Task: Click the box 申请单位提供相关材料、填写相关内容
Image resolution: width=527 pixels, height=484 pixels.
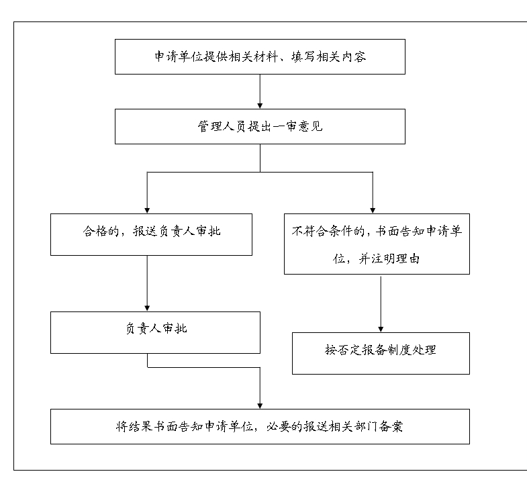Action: (x=260, y=56)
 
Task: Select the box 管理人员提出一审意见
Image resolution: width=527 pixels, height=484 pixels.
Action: (x=260, y=126)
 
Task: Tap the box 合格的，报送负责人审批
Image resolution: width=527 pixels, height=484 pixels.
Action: (x=151, y=234)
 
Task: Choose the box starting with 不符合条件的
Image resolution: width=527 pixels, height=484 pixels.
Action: (x=377, y=244)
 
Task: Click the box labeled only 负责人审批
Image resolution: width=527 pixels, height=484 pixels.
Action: (x=155, y=332)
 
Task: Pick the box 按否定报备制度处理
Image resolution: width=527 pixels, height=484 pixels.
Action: (x=381, y=353)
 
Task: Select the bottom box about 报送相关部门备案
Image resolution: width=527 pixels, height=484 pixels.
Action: (x=260, y=426)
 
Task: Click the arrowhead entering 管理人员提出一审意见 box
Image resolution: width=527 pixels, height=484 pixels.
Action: (x=260, y=105)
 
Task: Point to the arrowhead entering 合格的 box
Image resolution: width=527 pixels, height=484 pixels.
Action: (x=147, y=210)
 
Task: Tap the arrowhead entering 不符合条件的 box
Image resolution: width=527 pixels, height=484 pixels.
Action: (x=373, y=210)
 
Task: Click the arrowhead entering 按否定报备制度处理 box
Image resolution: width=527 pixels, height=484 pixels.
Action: (x=381, y=330)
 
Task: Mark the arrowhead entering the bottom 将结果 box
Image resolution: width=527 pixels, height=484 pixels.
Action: (x=260, y=406)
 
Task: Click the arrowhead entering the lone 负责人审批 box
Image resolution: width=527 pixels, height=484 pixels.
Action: (x=147, y=309)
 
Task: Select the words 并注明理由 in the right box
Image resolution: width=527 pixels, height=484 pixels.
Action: (x=389, y=259)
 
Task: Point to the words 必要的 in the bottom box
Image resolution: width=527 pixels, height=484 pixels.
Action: (x=285, y=426)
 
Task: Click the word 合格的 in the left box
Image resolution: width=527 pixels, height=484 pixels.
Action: (x=101, y=231)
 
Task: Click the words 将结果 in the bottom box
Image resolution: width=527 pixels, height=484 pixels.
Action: (x=134, y=426)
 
